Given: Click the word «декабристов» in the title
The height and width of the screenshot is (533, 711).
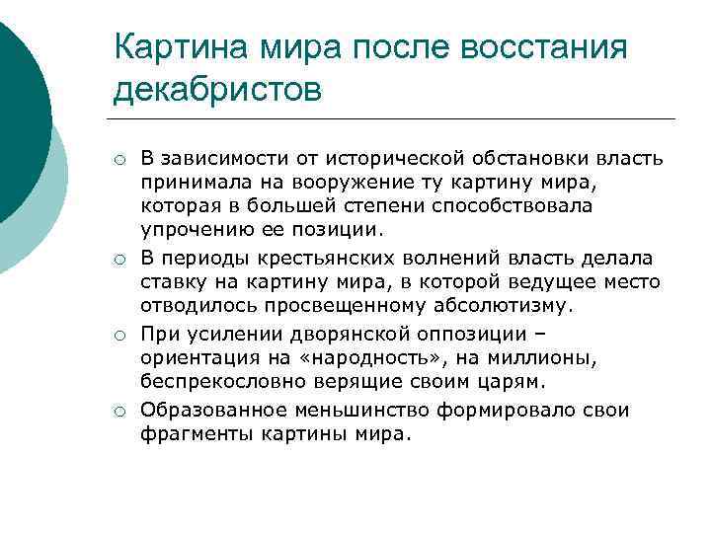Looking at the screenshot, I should [217, 90].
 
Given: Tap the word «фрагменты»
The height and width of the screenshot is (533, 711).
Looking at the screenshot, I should [192, 433].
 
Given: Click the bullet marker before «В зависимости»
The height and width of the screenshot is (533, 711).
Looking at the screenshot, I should [118, 160].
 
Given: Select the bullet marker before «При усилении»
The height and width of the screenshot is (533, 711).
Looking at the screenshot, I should [118, 336].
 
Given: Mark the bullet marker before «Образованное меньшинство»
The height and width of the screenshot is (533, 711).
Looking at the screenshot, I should [118, 412].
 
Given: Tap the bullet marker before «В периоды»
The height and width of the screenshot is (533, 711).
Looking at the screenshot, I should [118, 260].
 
